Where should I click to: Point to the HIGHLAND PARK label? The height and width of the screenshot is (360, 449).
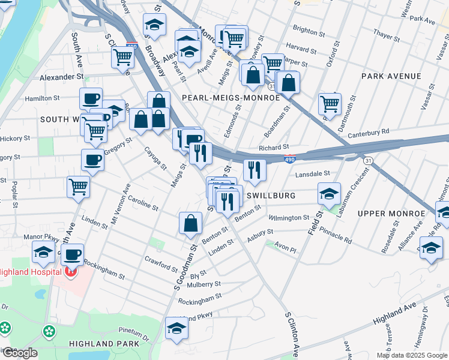coord(104,343)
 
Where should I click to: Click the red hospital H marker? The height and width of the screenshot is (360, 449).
coord(70,272)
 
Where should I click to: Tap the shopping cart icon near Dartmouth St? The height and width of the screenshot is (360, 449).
coord(330,104)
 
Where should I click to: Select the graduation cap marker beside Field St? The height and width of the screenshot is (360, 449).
coord(329,194)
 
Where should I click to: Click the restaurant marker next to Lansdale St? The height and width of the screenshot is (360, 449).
coord(255,170)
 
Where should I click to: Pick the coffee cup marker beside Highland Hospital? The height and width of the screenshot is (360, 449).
coord(73,254)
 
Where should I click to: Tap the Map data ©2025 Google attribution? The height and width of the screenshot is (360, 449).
coord(412,355)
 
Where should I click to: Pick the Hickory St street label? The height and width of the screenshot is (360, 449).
coord(15,138)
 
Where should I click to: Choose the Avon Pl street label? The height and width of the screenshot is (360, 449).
coord(286,246)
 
